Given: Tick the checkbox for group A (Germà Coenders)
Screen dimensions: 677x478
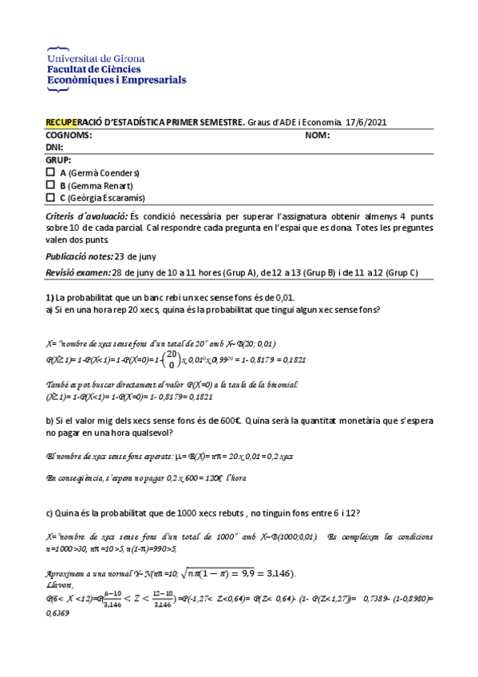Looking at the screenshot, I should tap(51, 172).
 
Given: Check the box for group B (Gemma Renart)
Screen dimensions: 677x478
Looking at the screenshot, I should tap(51, 185).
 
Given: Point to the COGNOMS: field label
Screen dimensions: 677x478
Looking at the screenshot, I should tap(69, 135).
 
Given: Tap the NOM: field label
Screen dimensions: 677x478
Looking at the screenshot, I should tap(318, 135).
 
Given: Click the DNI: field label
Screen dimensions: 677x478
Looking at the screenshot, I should tap(54, 148).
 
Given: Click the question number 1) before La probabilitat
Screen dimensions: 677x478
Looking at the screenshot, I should tap(49, 297).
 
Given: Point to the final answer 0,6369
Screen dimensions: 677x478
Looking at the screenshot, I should tap(58, 614).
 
